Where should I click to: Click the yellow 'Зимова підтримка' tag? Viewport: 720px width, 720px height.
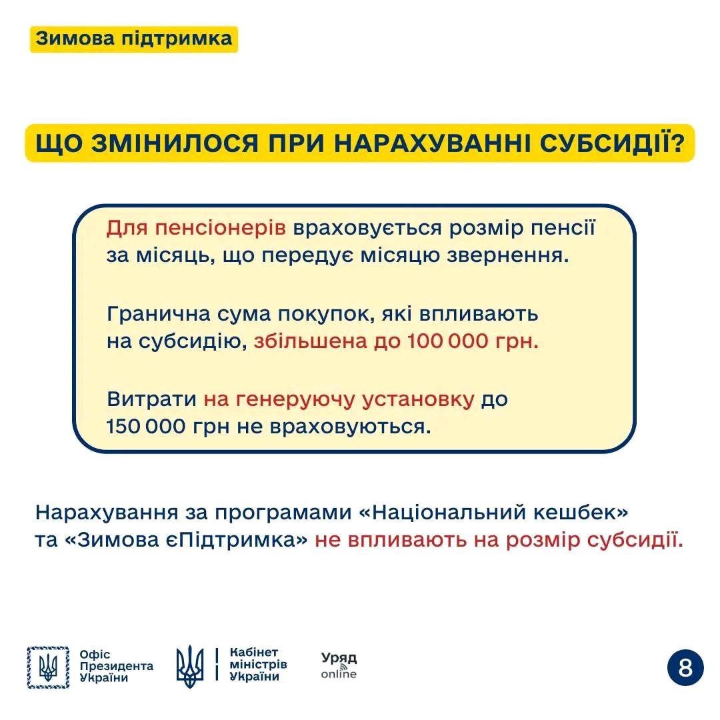133,39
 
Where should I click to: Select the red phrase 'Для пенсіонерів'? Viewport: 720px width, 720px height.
196,228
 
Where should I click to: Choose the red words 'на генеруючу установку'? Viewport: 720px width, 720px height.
339,399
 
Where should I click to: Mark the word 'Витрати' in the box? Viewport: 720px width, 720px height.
151,399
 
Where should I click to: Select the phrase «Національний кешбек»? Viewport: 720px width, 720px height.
500,513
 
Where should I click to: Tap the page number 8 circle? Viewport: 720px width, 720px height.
685,667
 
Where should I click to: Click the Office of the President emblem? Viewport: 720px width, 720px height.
48,667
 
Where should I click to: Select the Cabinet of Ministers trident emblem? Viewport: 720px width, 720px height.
190,667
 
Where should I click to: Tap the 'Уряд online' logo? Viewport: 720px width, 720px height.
339,665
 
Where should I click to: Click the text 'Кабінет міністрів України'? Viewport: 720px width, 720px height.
257,665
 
